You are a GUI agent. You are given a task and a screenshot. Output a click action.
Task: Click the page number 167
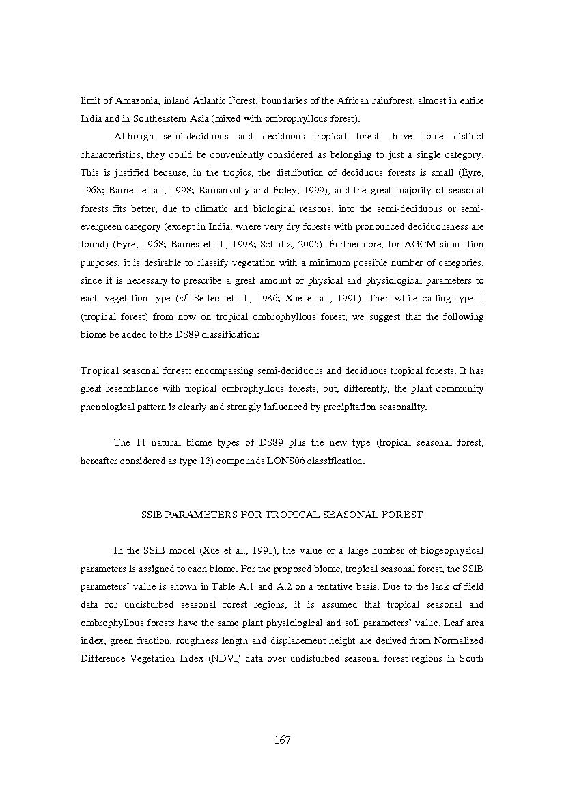point(282,740)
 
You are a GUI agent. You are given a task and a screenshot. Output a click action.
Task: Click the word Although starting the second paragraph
point(134,137)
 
